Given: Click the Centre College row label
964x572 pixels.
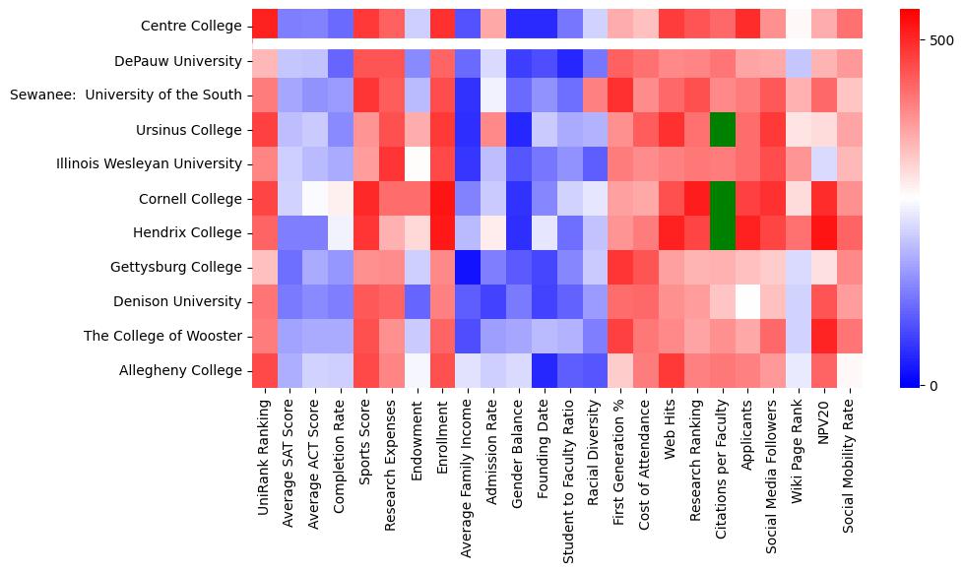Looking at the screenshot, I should [190, 27].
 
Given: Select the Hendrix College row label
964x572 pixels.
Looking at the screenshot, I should [189, 233].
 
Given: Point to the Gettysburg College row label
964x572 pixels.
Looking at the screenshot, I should [181, 268].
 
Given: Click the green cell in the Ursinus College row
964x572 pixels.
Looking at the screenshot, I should [723, 130].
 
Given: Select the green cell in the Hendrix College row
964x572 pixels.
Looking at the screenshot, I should [723, 233].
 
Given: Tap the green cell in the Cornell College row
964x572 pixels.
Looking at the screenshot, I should [723, 199].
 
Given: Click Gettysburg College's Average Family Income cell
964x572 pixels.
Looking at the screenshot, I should [469, 268].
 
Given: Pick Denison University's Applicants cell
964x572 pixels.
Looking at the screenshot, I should [749, 302].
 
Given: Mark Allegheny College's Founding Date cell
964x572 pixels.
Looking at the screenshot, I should [545, 371].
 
